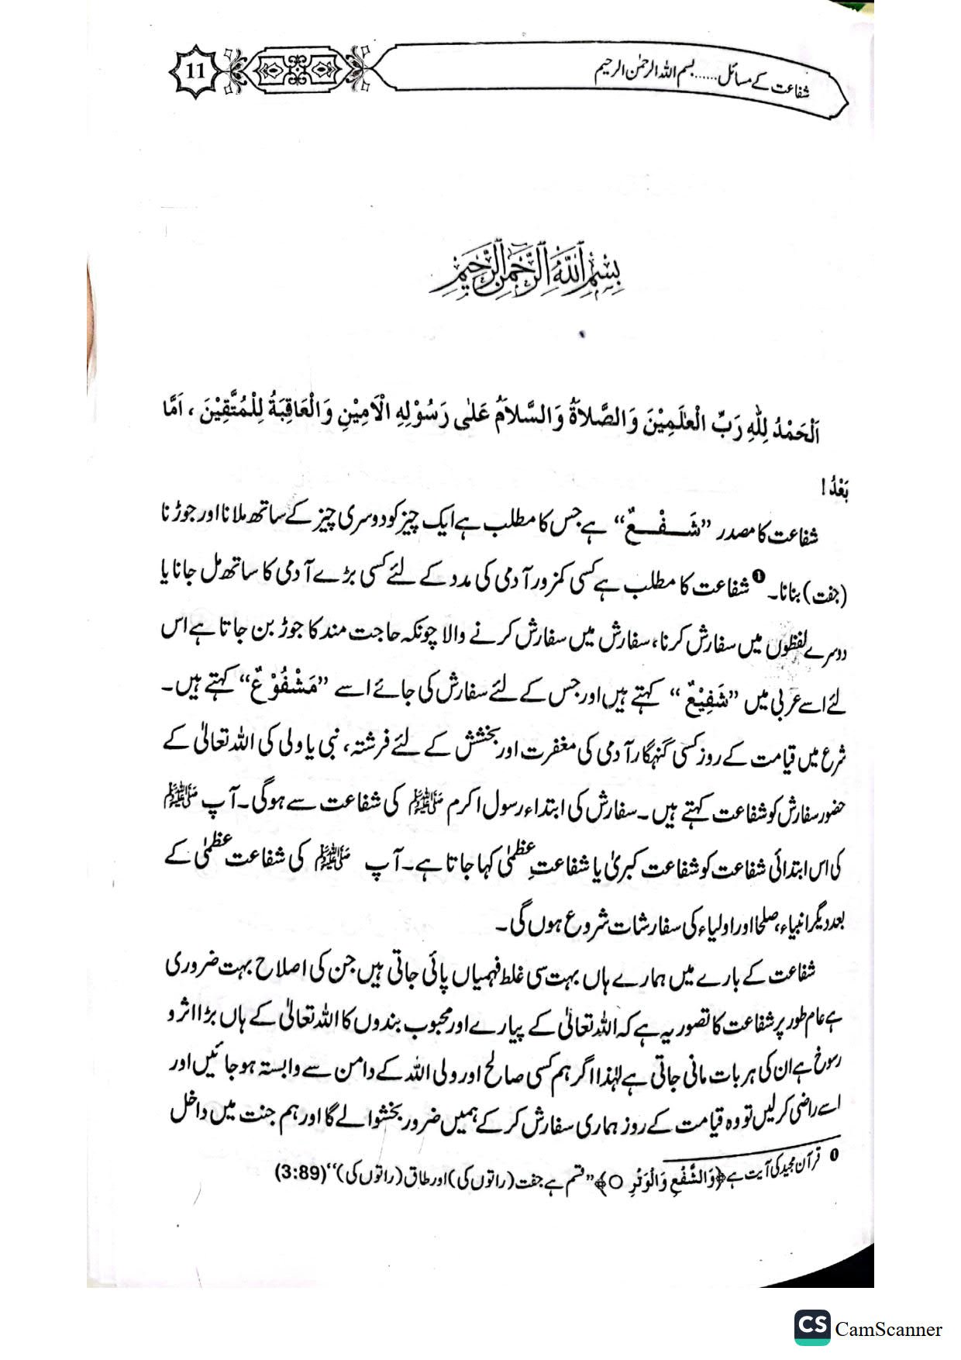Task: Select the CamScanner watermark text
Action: coord(889,1328)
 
